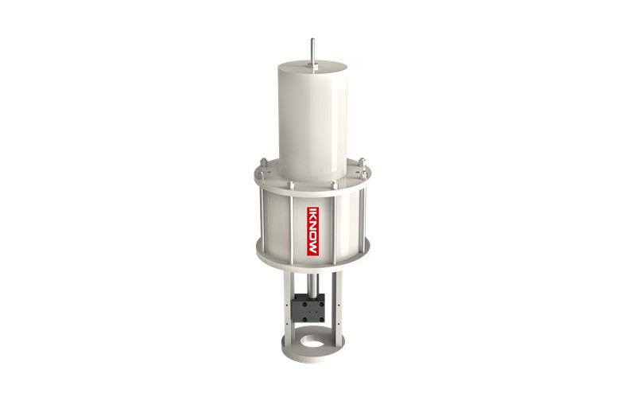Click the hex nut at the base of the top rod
[312, 68]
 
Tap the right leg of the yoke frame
[338, 306]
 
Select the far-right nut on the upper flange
[363, 165]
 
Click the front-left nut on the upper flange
[290, 185]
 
